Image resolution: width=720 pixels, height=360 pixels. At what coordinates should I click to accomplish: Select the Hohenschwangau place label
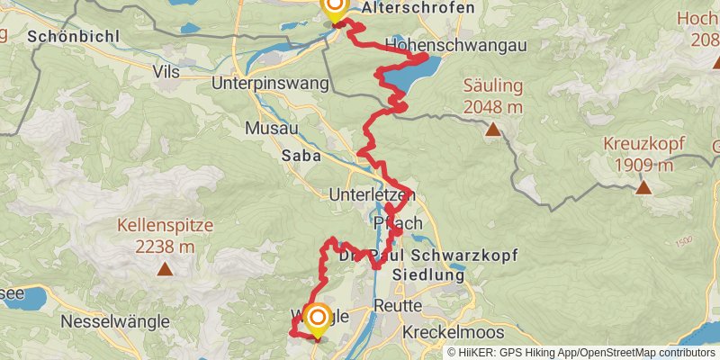[455, 44]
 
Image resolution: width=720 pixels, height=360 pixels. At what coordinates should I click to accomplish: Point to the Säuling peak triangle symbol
[492, 130]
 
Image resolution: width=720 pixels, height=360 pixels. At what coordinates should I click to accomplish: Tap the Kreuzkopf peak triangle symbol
[643, 187]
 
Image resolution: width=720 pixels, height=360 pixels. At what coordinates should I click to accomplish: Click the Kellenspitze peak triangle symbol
[165, 268]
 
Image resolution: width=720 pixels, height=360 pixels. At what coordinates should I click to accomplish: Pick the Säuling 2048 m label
[492, 97]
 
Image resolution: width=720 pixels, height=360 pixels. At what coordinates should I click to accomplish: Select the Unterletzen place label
[370, 194]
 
